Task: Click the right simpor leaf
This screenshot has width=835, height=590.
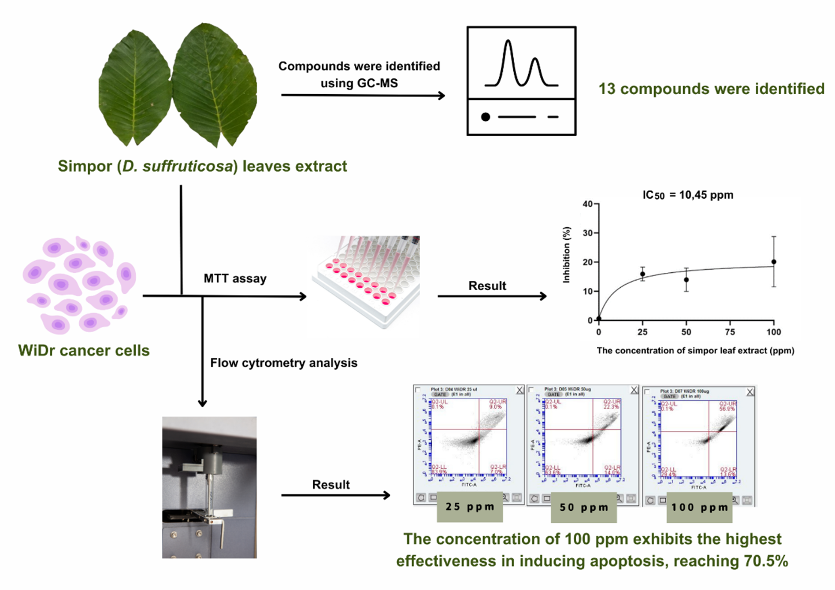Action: [214, 83]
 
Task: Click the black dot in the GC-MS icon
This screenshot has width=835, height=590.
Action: [485, 117]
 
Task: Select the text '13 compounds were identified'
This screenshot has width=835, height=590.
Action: [711, 89]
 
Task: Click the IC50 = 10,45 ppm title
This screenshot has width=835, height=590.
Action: [688, 195]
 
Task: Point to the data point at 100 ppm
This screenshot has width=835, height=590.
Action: [774, 262]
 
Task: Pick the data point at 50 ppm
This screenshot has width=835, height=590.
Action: [686, 280]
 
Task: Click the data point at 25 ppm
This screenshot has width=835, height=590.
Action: [643, 274]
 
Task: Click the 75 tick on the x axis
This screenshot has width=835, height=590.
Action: [730, 332]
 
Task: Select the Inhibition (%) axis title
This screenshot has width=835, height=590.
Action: [566, 255]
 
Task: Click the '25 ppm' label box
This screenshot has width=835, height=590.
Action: [470, 507]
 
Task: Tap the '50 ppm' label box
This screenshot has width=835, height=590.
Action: [584, 507]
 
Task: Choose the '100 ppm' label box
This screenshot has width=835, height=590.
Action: [699, 507]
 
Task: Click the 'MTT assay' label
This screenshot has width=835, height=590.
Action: [235, 278]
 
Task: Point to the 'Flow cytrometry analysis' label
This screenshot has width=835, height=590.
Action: [284, 363]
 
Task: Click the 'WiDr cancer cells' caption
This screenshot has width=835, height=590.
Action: [84, 350]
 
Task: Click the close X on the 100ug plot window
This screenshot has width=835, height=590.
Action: [750, 392]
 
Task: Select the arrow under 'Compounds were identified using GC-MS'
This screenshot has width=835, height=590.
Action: [362, 95]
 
